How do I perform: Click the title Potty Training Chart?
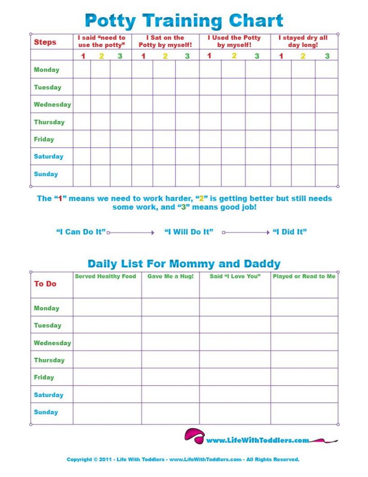pos(184,21)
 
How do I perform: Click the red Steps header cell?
pos(45,42)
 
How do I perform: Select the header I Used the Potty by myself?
pos(234,41)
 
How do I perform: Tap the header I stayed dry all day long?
pos(303,41)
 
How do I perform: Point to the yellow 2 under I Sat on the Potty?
pos(165,56)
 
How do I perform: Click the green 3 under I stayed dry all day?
pos(327,56)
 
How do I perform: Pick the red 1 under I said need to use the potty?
pos(83,56)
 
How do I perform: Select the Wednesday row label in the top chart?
pos(52,105)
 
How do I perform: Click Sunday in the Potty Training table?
pos(46,174)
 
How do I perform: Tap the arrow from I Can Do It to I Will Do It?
pos(131,232)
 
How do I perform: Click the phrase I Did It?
pos(289,232)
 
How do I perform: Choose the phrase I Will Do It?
pos(189,232)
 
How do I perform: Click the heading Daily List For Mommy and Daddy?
pos(184,264)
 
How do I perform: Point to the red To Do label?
pos(45,284)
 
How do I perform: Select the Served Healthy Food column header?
pos(106,276)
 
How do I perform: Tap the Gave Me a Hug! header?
pos(170,276)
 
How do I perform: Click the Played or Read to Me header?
pos(304,276)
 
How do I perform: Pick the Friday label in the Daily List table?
pos(44,377)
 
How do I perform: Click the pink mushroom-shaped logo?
pos(194,436)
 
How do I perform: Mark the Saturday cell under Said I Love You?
pos(235,395)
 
